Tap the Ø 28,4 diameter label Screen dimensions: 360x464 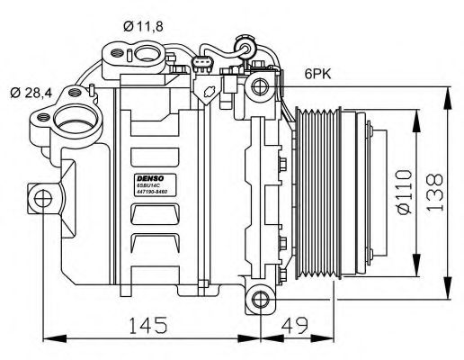[34, 90]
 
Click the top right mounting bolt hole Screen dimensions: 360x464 [262, 86]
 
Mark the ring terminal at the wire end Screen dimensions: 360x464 [242, 41]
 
